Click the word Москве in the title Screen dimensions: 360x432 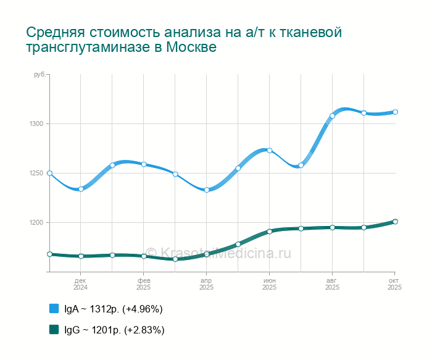[192, 48]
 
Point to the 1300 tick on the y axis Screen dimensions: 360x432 [35, 124]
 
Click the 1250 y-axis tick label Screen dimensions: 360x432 [35, 174]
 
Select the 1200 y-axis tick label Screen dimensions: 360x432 [35, 223]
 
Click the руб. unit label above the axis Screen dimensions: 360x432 [39, 75]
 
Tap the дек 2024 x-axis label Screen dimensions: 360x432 [81, 284]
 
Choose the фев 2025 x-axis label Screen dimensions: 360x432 [144, 284]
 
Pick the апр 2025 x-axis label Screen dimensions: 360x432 [207, 284]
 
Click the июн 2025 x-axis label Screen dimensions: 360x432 [270, 284]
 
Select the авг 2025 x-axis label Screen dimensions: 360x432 [333, 284]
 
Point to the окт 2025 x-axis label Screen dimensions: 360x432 [394, 284]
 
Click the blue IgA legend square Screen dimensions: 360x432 [54, 308]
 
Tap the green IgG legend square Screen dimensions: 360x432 [54, 329]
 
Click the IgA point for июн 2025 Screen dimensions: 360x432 [270, 150]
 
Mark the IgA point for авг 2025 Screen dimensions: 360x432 [332, 115]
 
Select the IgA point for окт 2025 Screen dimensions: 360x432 [395, 112]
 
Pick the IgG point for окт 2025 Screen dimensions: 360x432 [395, 222]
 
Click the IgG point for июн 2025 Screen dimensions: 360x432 [270, 232]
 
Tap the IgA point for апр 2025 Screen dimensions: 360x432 [207, 190]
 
